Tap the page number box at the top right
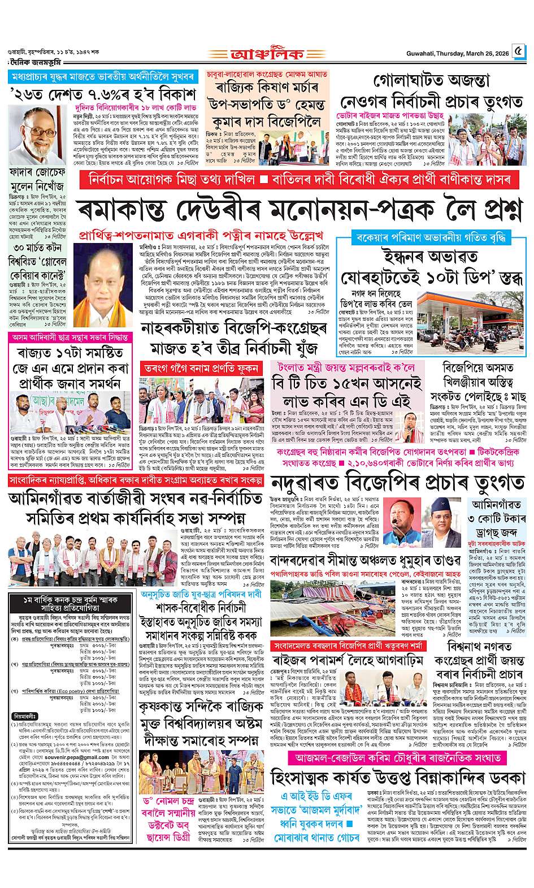point(518,53)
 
